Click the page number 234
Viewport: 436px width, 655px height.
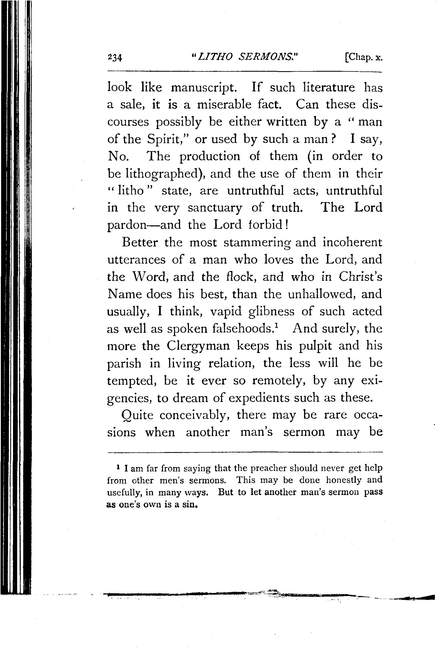[x=115, y=58]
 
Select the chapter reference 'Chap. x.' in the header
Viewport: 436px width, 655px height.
[x=363, y=58]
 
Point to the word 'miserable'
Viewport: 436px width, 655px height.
[x=224, y=105]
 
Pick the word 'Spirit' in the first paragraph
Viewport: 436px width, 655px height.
[x=168, y=140]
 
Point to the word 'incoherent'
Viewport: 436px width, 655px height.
[x=352, y=242]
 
